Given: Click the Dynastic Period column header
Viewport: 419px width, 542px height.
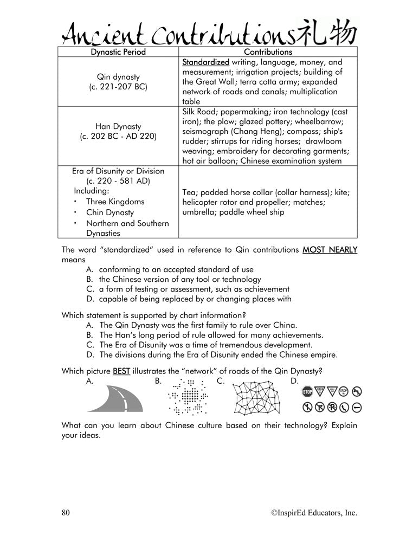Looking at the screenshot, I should [118, 52].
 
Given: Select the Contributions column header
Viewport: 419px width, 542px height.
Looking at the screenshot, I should [268, 52].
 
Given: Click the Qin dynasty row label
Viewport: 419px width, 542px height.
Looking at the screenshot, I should [118, 76].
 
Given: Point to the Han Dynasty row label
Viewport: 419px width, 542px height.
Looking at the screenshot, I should [118, 127].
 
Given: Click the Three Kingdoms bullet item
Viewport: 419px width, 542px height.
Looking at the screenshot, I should [114, 202].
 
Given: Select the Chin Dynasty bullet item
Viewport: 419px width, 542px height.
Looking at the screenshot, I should [110, 212].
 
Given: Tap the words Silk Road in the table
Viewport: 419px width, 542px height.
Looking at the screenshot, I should [200, 112].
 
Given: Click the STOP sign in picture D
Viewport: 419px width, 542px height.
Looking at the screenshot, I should [308, 391].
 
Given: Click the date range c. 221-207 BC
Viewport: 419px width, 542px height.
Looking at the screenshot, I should [118, 87].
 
